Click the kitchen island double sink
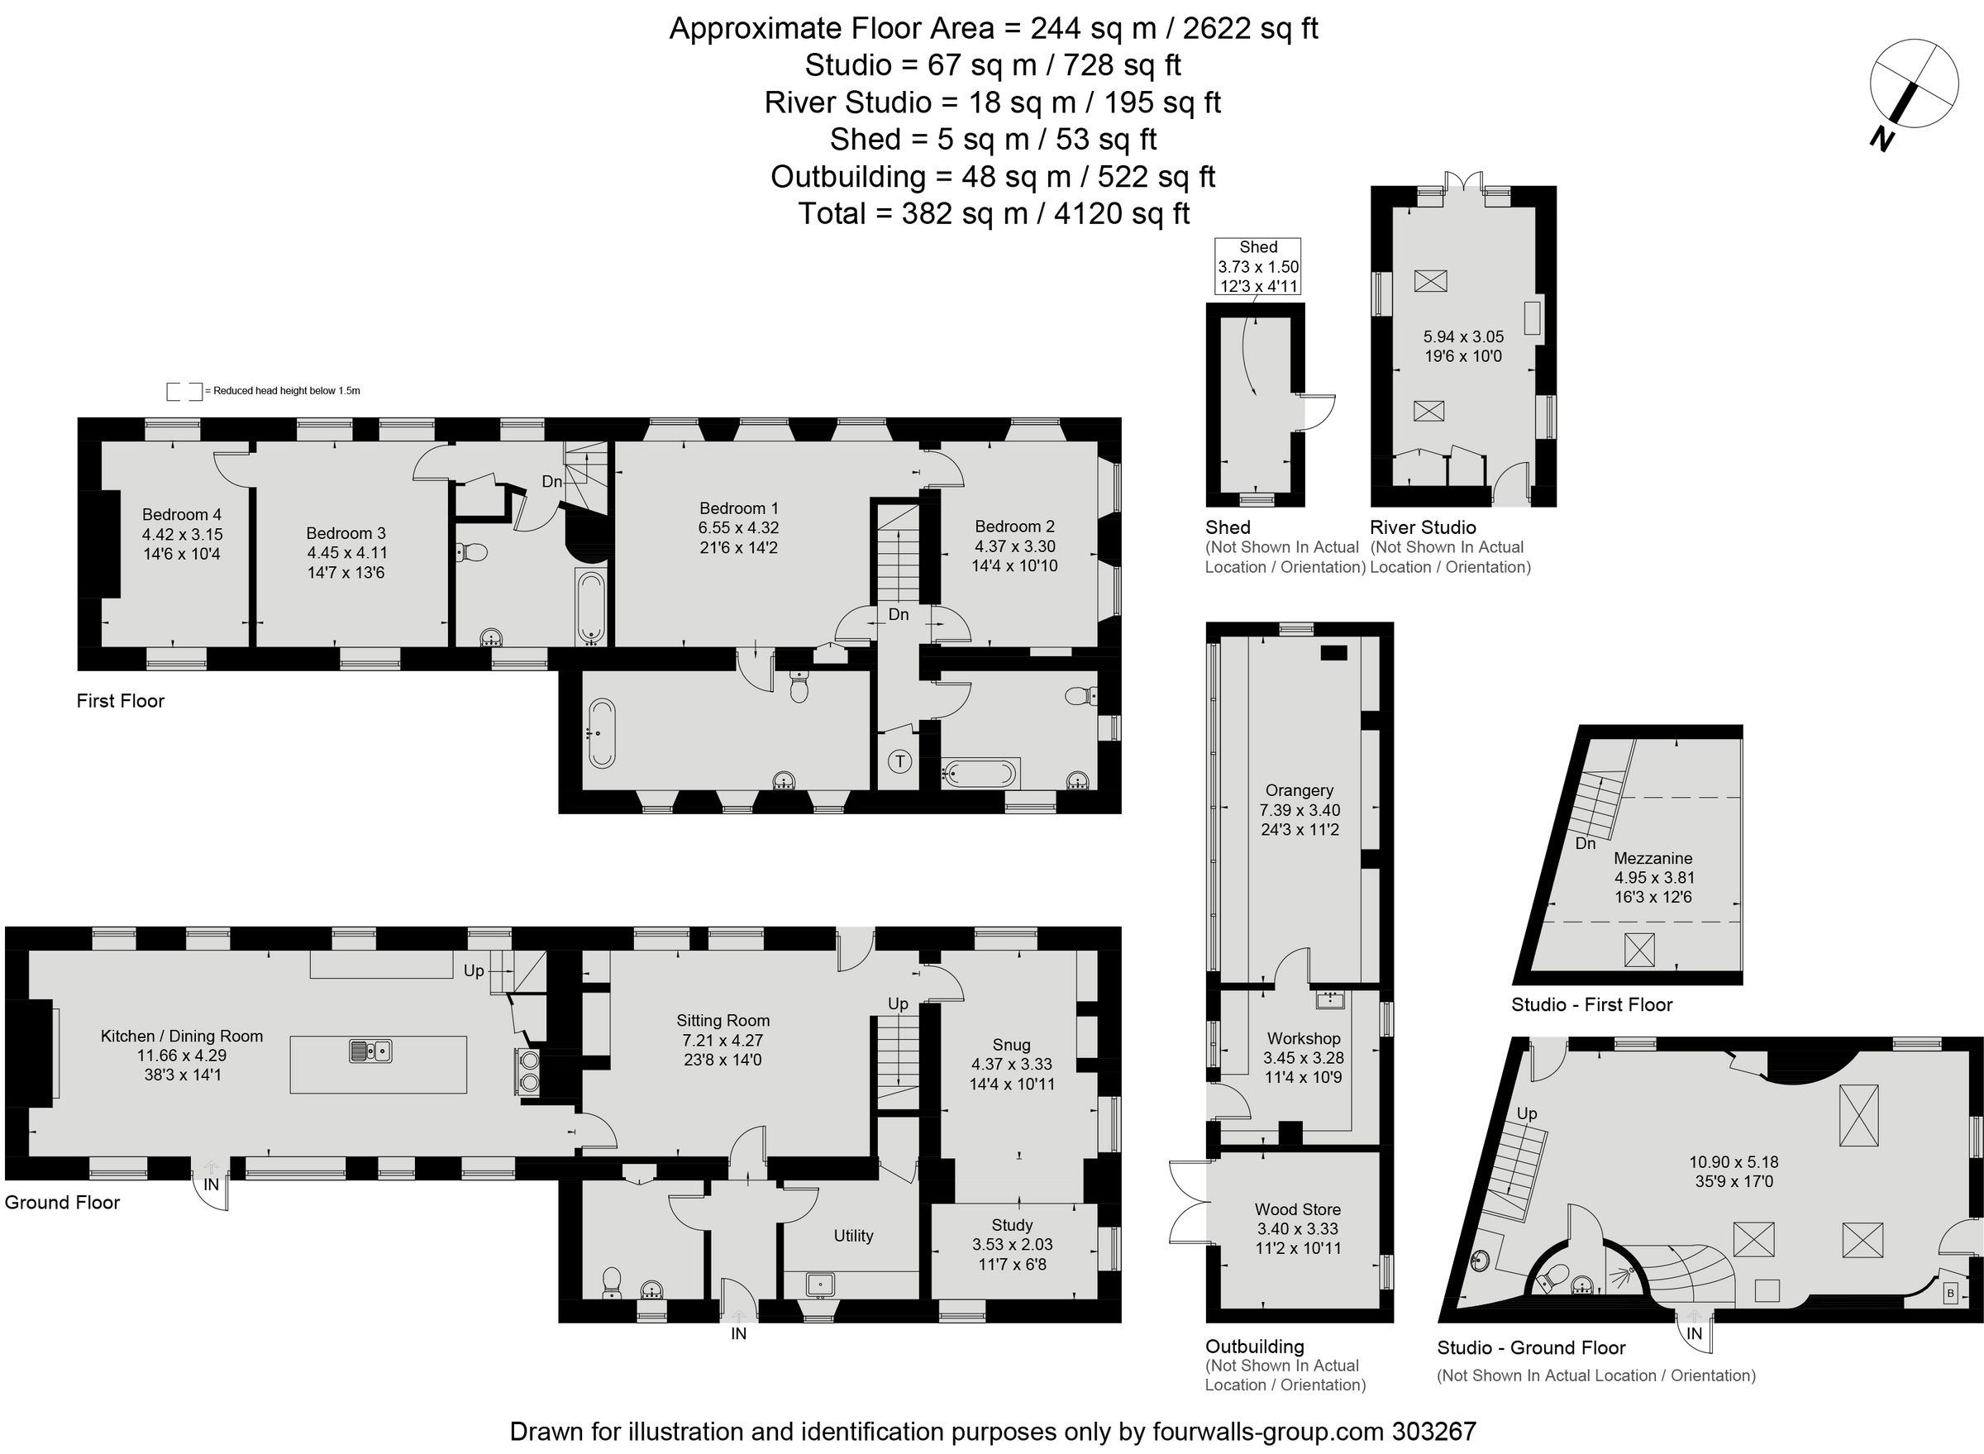point(370,1051)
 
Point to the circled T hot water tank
point(899,761)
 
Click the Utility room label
point(853,1236)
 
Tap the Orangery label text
point(1300,790)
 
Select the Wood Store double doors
point(1185,1202)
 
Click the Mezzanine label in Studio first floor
point(1653,858)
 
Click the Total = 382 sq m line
point(993,214)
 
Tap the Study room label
point(1011,1225)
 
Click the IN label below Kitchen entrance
point(212,1185)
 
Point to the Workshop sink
point(1329,999)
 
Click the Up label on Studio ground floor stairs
point(1526,1113)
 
